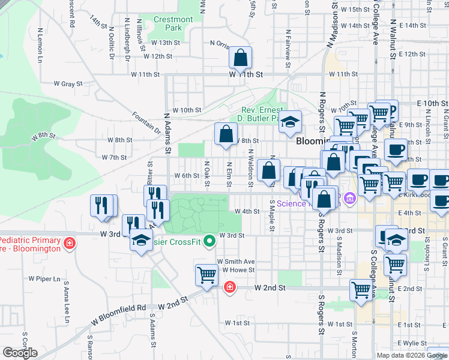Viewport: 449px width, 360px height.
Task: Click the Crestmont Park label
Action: pos(173,23)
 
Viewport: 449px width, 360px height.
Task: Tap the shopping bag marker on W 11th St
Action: pos(240,59)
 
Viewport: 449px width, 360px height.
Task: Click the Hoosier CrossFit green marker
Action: pos(209,242)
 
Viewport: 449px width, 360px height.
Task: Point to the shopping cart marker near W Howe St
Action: pos(206,275)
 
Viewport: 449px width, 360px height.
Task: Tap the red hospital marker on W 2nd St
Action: pos(229,289)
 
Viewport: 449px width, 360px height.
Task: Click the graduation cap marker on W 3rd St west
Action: pos(141,241)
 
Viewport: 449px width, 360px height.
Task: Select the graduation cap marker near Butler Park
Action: pos(290,122)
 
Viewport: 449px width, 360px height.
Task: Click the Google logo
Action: pos(20,352)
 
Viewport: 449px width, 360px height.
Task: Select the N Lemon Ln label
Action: pos(41,48)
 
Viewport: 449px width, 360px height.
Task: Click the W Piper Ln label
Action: pos(45,279)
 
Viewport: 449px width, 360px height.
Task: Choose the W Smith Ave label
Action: pos(236,262)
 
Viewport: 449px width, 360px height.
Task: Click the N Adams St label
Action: pos(168,133)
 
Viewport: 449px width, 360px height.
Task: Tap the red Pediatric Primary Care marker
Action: pos(70,243)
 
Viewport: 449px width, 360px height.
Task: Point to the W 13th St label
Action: pos(166,43)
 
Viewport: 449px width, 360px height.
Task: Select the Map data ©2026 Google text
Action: pos(411,355)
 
